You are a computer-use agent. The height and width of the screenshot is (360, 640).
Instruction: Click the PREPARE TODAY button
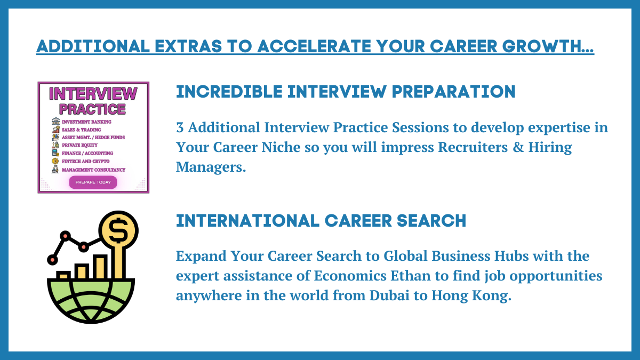pos(93,182)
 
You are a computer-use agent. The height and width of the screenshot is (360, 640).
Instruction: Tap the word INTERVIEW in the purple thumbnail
pos(93,94)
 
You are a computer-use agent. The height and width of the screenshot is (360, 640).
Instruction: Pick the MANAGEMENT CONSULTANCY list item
pos(93,170)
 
